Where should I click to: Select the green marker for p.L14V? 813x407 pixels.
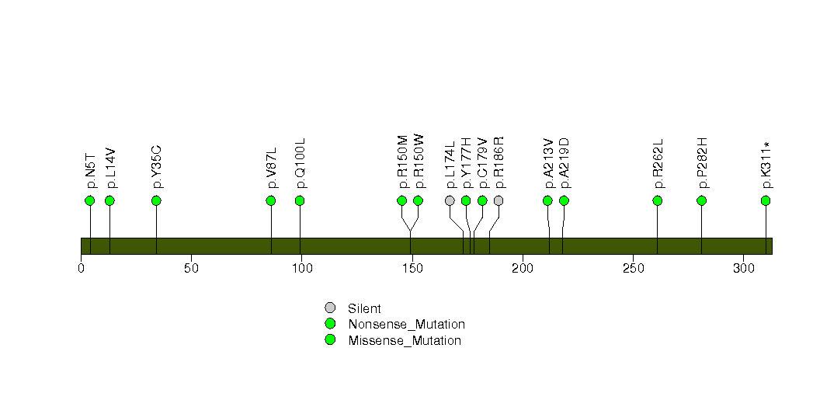pyautogui.click(x=109, y=200)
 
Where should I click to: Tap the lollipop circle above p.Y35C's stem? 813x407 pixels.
pyautogui.click(x=156, y=200)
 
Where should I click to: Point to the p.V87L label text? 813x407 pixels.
pyautogui.click(x=272, y=168)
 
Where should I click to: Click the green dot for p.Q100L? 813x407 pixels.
pyautogui.click(x=300, y=200)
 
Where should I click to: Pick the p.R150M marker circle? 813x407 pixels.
pyautogui.click(x=401, y=200)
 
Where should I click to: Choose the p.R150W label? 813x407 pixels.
pyautogui.click(x=419, y=162)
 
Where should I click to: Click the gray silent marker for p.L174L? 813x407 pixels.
pyautogui.click(x=450, y=200)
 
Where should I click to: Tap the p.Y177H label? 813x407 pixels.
pyautogui.click(x=467, y=163)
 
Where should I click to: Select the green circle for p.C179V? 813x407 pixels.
pyautogui.click(x=482, y=200)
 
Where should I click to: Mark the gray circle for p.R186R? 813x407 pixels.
pyautogui.click(x=499, y=200)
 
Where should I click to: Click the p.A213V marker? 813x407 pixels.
pyautogui.click(x=547, y=200)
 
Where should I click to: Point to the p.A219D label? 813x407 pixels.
pyautogui.click(x=565, y=163)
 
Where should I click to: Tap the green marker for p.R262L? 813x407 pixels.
pyautogui.click(x=658, y=200)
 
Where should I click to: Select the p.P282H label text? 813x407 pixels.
pyautogui.click(x=703, y=163)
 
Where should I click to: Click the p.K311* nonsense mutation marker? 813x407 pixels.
pyautogui.click(x=766, y=200)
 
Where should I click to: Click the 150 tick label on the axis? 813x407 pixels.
pyautogui.click(x=412, y=269)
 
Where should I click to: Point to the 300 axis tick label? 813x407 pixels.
pyautogui.click(x=744, y=269)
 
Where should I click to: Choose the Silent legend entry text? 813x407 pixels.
pyautogui.click(x=364, y=308)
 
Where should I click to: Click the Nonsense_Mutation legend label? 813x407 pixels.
pyautogui.click(x=407, y=325)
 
